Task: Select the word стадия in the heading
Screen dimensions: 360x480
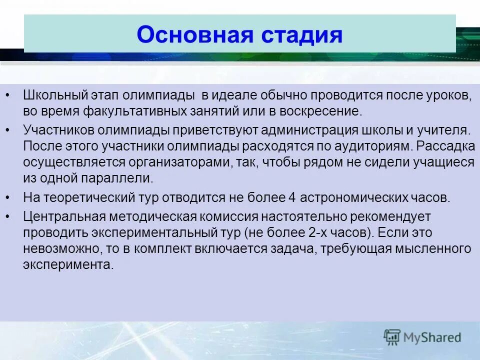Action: click(300, 35)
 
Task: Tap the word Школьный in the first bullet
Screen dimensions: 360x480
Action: click(55, 95)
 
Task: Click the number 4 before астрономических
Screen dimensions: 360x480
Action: click(292, 197)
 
